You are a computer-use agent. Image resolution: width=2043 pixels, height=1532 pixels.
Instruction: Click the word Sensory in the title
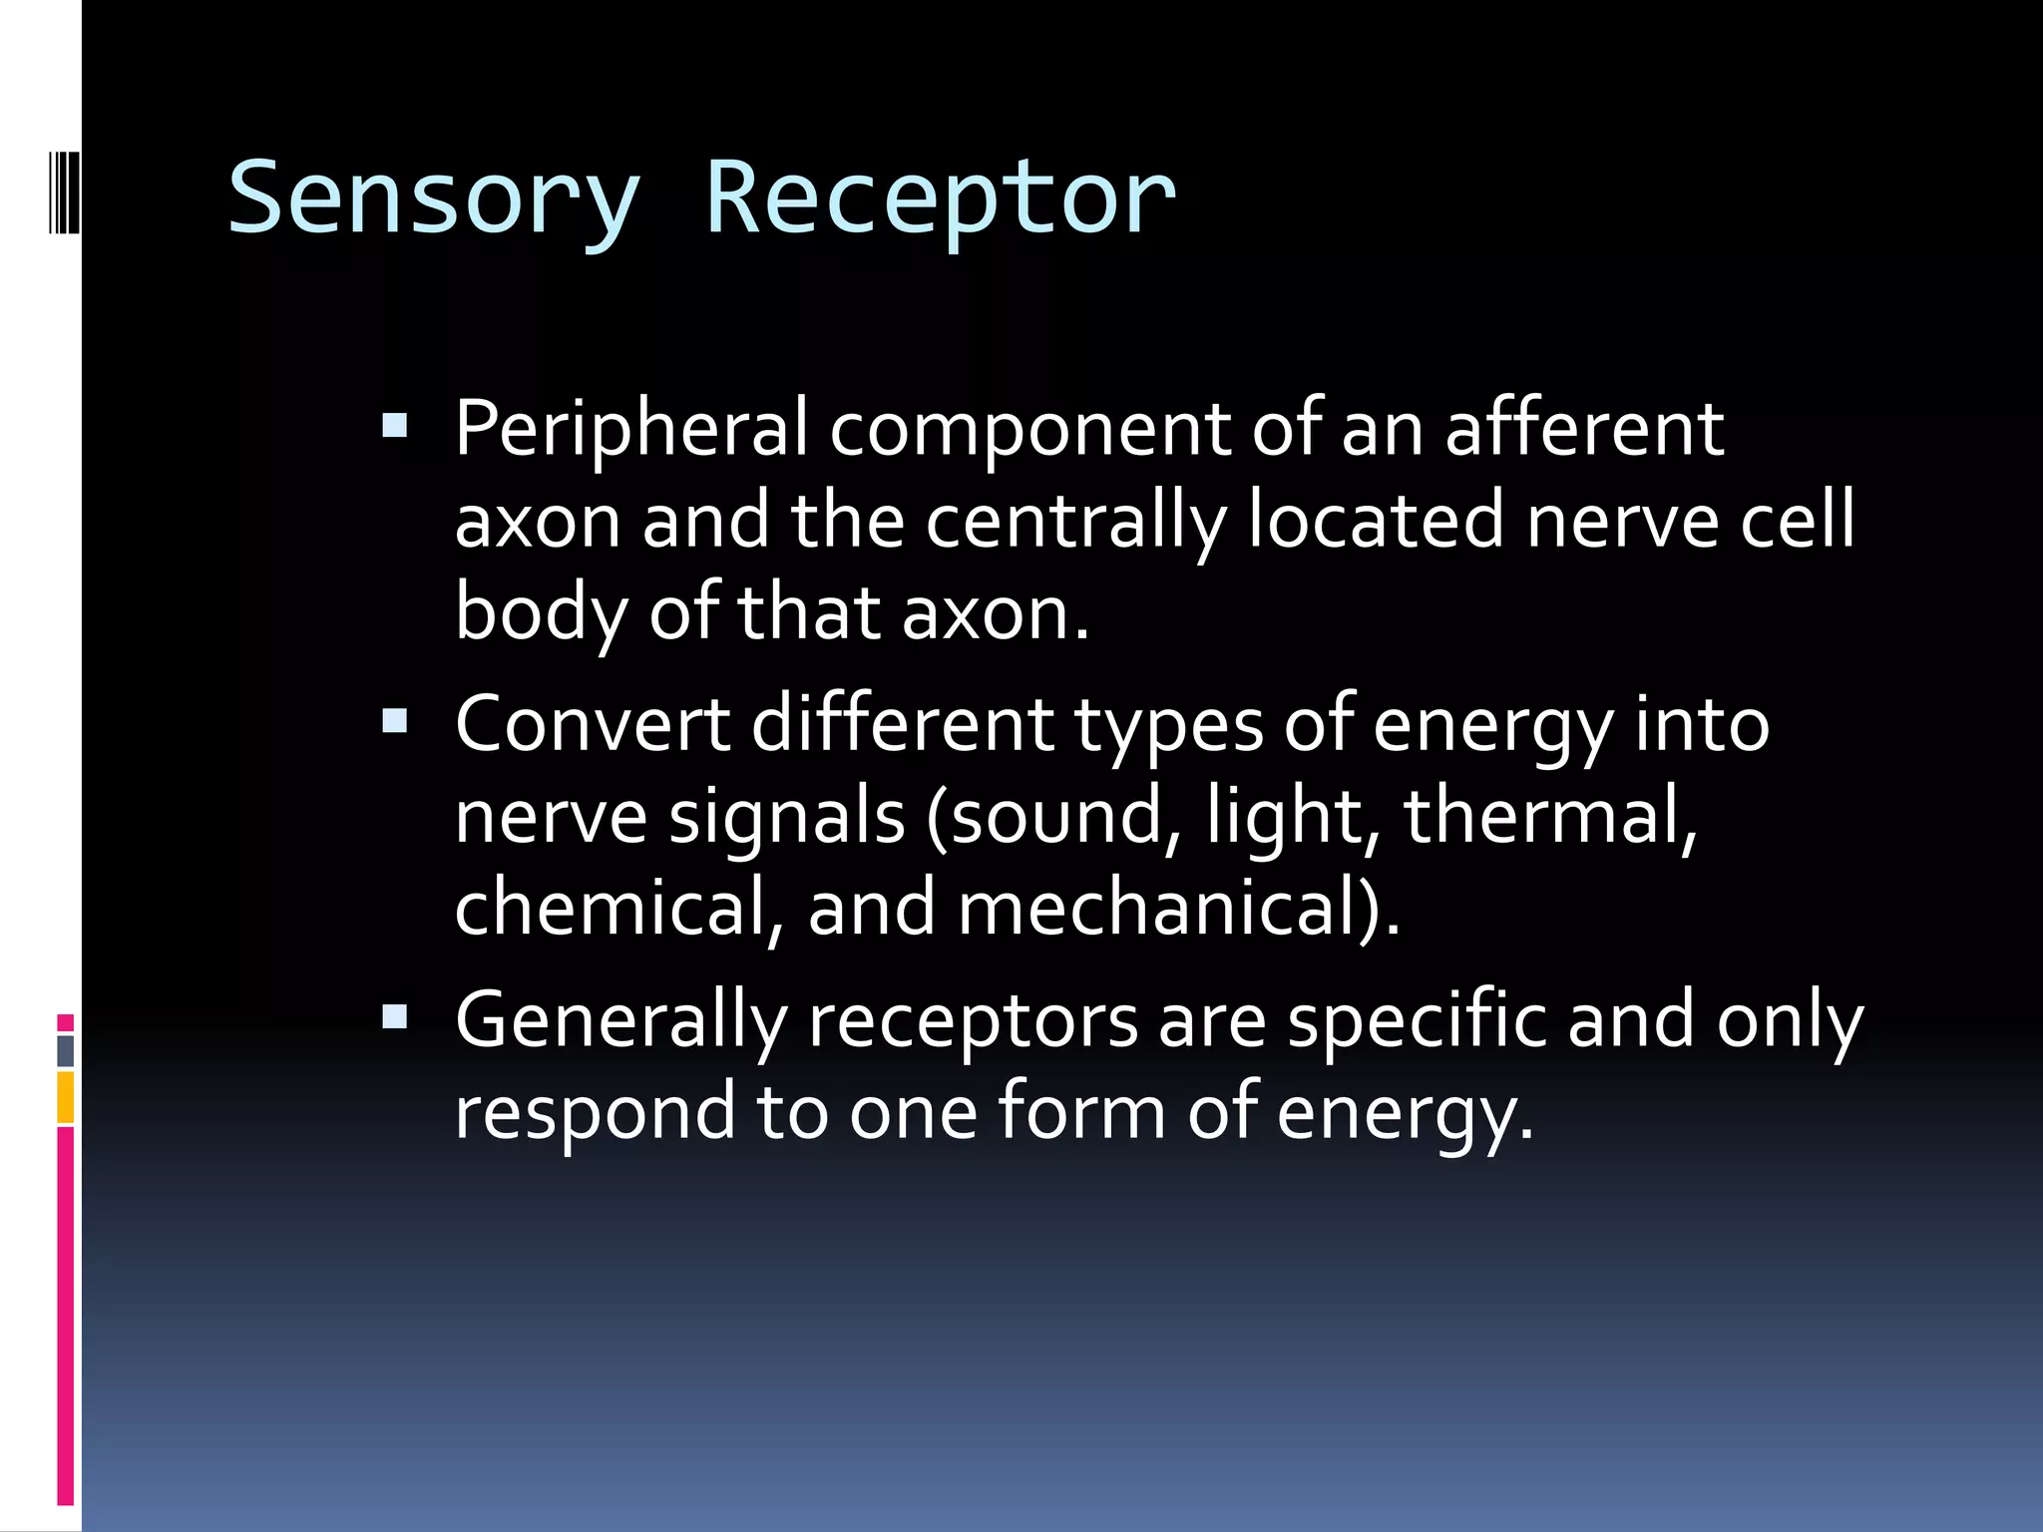433,199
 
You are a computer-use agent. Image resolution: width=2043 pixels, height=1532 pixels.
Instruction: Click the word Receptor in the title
940,199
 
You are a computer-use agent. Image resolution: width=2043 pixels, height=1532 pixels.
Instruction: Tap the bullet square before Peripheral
395,427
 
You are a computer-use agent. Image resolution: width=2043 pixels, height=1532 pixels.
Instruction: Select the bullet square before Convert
395,721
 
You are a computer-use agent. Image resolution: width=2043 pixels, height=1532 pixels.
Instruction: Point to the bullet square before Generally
395,1017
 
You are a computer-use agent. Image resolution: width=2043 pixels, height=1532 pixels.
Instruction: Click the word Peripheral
630,429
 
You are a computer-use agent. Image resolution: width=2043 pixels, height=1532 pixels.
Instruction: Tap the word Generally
620,1021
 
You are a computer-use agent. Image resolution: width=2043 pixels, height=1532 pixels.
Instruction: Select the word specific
1417,1021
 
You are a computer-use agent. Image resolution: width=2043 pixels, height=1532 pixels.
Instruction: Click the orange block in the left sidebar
65,1097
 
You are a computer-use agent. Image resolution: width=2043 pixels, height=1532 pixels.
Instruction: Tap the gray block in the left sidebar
65,1050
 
